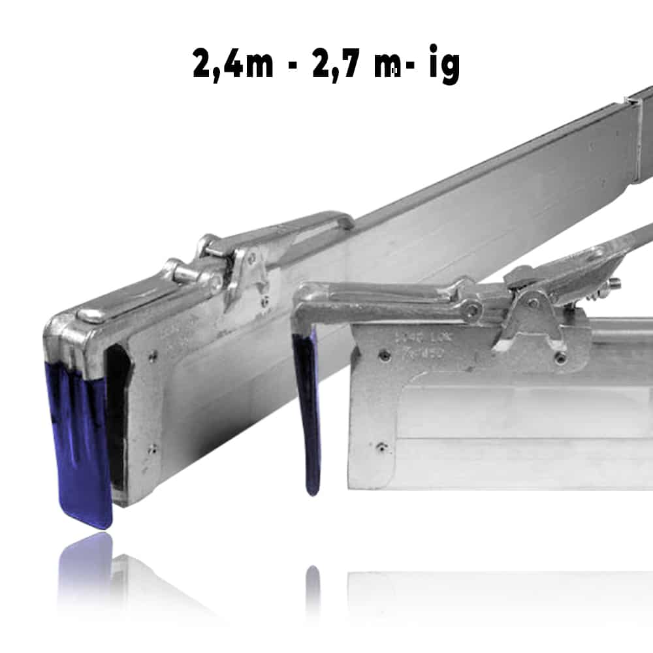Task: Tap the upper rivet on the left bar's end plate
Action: tap(152, 356)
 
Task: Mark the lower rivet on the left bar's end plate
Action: tap(151, 449)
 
